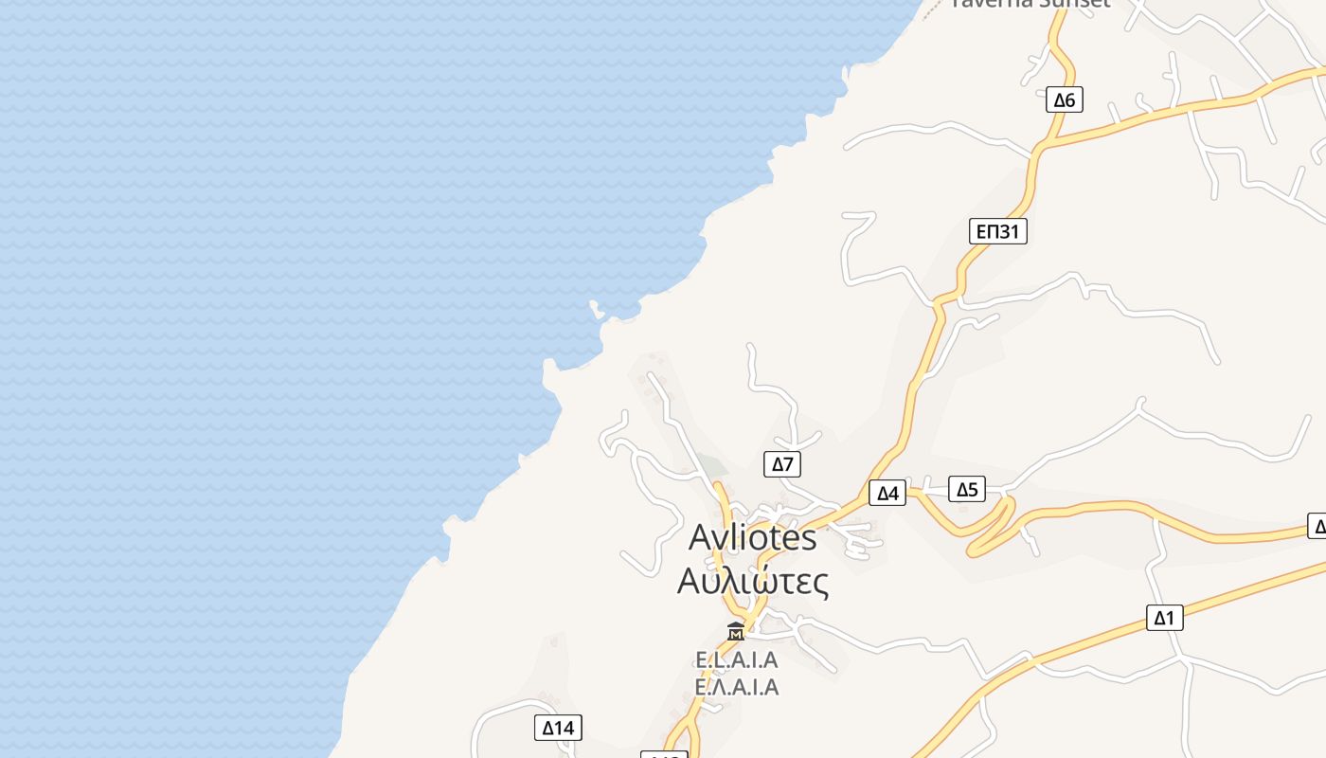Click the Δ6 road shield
pyautogui.click(x=1065, y=99)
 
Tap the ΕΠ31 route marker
pyautogui.click(x=998, y=231)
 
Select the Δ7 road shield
pyautogui.click(x=782, y=464)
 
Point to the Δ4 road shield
pyautogui.click(x=887, y=493)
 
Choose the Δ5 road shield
pyautogui.click(x=967, y=489)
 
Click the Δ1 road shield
pyautogui.click(x=1164, y=618)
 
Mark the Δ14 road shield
pyautogui.click(x=558, y=728)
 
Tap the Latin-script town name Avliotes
pyautogui.click(x=752, y=537)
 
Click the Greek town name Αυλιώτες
pyautogui.click(x=752, y=580)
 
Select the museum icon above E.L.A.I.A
pyautogui.click(x=736, y=631)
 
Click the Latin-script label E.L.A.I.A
pyautogui.click(x=736, y=659)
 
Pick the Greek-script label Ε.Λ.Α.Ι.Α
pyautogui.click(x=736, y=687)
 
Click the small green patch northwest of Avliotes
pyautogui.click(x=715, y=466)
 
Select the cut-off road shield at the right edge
pyautogui.click(x=1317, y=526)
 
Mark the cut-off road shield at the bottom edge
pyautogui.click(x=664, y=754)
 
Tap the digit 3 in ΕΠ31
pyautogui.click(x=1007, y=231)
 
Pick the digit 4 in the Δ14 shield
pyautogui.click(x=568, y=728)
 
